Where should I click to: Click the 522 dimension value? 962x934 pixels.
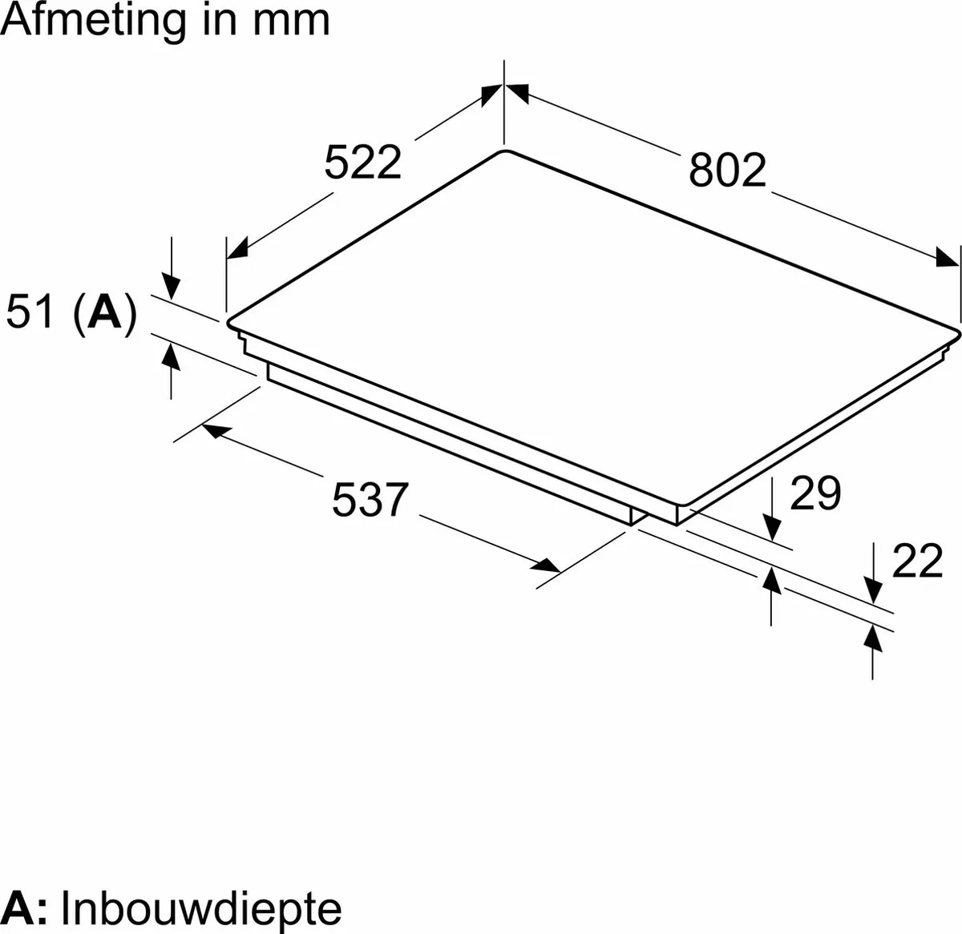pos(362,162)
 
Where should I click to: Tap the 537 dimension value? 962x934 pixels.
pos(370,499)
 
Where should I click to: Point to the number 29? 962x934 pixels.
pos(815,492)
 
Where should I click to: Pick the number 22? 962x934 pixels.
pos(918,560)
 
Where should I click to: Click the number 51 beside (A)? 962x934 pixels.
pos(30,311)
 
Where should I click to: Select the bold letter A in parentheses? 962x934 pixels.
pos(103,311)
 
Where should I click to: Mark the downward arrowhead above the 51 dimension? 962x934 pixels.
pos(171,288)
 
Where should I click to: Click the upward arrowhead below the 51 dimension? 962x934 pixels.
pos(171,356)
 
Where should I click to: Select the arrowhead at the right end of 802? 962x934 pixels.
pos(947,257)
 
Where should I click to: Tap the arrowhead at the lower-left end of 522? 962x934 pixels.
pos(236,249)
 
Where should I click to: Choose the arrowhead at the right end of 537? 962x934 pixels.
pos(546,566)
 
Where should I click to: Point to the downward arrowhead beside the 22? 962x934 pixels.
pos(874,591)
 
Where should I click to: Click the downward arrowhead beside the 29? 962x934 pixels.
pos(771,528)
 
